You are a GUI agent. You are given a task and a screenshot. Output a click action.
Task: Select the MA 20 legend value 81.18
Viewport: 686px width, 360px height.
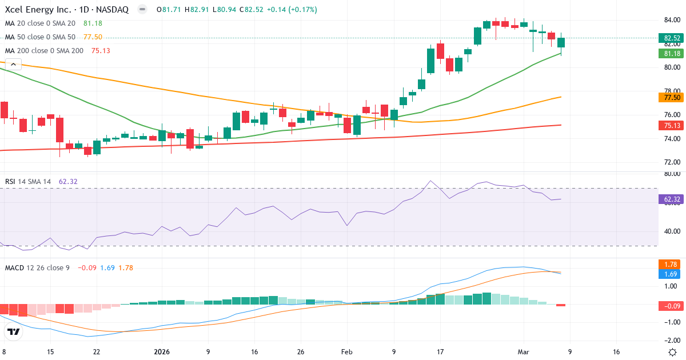93,23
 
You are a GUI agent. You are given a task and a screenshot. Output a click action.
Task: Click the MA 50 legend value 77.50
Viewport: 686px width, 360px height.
93,37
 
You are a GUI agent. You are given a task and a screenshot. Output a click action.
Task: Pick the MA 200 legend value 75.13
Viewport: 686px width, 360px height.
101,51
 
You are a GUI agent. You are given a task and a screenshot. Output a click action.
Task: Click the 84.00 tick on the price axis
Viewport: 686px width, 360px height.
671,21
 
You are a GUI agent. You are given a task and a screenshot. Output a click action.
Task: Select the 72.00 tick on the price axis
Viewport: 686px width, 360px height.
671,162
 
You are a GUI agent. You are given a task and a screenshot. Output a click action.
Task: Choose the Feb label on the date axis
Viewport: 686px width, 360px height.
346,352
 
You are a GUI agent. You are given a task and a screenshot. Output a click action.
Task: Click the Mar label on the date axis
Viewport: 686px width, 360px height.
524,352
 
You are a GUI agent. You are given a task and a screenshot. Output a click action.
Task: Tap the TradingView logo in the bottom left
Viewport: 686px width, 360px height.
14,331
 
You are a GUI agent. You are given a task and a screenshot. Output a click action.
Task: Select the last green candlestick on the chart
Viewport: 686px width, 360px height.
561,43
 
